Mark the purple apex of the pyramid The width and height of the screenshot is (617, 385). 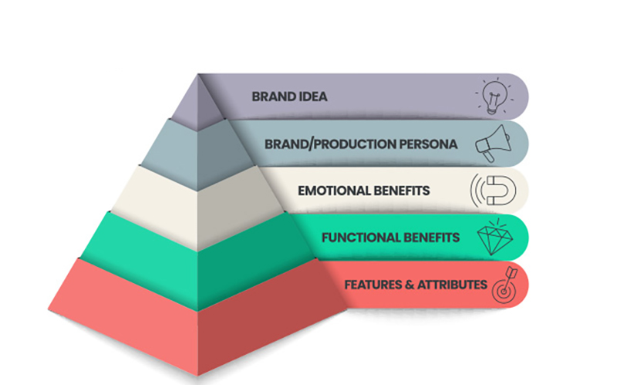coord(197,100)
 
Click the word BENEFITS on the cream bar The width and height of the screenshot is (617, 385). coord(403,191)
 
